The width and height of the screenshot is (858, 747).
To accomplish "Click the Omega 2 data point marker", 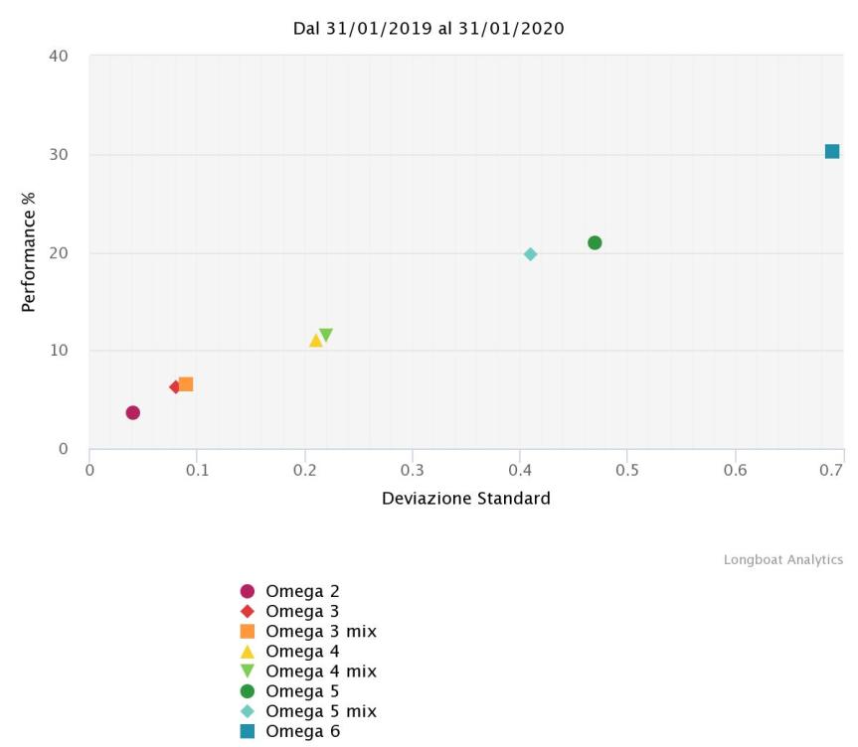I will [133, 412].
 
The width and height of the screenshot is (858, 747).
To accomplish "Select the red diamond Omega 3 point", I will [175, 386].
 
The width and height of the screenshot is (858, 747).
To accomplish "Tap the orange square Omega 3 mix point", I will [186, 384].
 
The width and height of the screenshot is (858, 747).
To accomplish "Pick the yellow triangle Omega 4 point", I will [316, 341].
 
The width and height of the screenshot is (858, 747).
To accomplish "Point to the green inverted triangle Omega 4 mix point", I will [326, 336].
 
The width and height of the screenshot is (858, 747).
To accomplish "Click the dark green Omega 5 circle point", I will [595, 243].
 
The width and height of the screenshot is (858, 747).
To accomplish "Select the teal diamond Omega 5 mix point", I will [530, 254].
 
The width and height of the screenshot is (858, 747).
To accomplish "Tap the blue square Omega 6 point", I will [832, 152].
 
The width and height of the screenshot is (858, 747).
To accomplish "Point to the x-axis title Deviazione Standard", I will [465, 498].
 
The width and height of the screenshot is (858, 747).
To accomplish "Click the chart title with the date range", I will [429, 29].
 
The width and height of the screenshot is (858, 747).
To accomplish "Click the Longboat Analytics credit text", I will [782, 560].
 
